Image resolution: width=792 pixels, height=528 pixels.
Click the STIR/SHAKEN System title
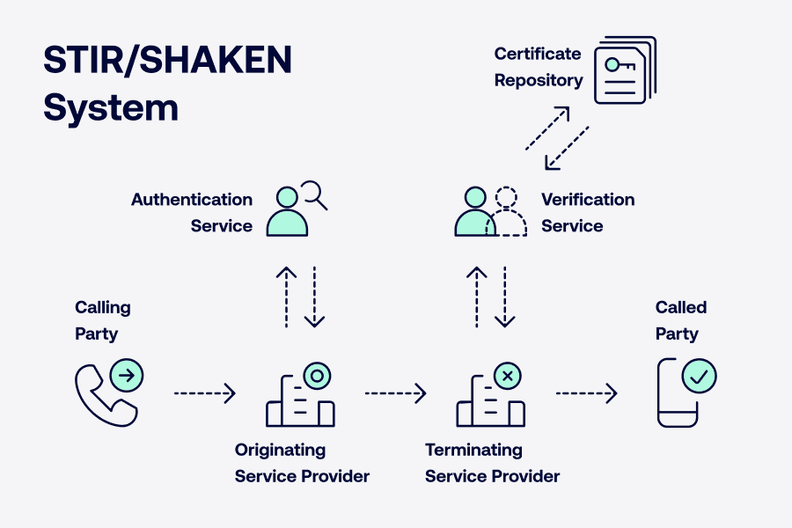pos(167,84)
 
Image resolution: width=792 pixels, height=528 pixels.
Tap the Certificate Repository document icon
pos(625,70)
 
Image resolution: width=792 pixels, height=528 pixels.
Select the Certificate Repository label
pos(538,67)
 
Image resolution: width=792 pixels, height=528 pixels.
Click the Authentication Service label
pos(192,213)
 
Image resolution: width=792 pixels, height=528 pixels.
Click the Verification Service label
pos(588,213)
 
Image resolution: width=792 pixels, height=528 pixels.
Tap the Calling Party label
pos(102,320)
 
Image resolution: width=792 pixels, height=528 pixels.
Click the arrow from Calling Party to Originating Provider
pos(205,393)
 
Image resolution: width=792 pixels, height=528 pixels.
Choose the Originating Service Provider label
pos(302,463)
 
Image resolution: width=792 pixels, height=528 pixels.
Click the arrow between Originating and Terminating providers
pos(395,393)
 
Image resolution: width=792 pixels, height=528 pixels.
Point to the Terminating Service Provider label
pos(492,463)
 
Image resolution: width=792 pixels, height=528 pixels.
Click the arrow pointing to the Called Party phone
pos(586,393)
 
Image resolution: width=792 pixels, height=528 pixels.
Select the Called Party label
pos(681,320)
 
